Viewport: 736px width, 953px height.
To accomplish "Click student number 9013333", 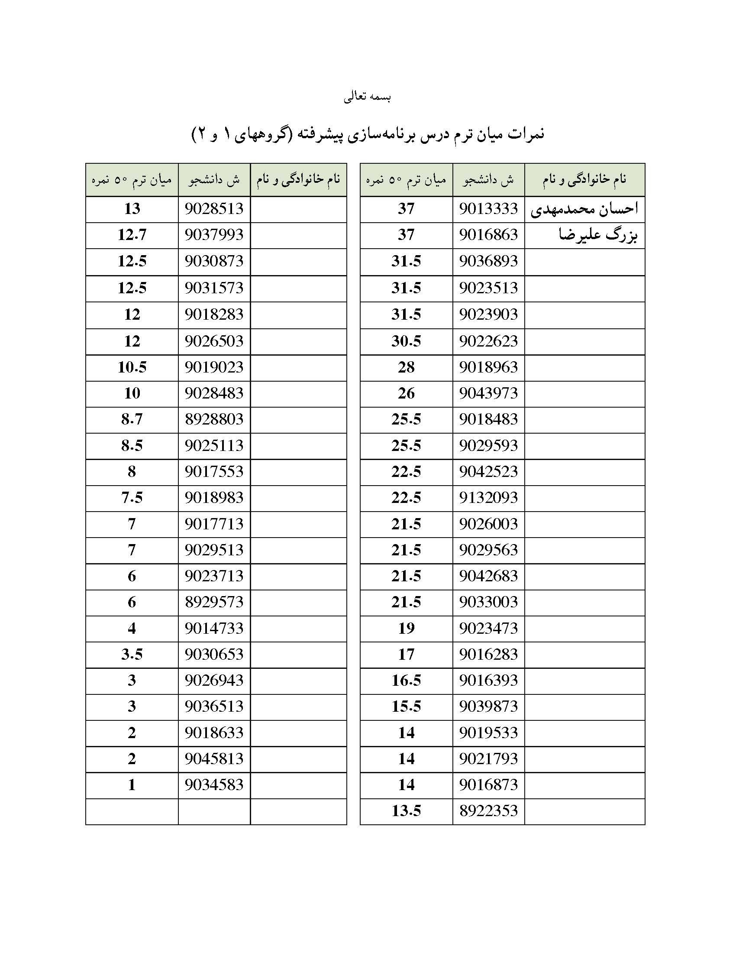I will (x=488, y=209).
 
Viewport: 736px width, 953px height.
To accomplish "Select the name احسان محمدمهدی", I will (x=584, y=209).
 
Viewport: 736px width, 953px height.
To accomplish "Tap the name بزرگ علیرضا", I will (x=598, y=236).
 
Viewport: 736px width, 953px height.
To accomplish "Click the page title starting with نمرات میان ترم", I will (x=368, y=134).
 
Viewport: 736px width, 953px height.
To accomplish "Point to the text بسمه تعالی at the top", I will (x=367, y=97).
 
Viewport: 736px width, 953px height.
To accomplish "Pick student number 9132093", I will (x=488, y=498).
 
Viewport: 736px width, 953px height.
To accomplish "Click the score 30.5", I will (x=406, y=341).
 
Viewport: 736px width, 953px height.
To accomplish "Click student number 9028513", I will (x=213, y=209).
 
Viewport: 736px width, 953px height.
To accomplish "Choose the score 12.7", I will (x=132, y=235).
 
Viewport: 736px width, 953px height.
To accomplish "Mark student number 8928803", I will (x=213, y=419).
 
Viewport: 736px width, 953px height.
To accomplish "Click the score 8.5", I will (x=132, y=445).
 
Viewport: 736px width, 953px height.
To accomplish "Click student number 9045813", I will (x=213, y=759).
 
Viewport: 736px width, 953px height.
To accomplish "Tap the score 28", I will (x=406, y=367).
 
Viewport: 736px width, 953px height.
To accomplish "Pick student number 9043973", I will (x=488, y=394).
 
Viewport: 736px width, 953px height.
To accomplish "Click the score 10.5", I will (x=132, y=367).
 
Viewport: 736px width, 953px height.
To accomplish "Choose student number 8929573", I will (x=213, y=602).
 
